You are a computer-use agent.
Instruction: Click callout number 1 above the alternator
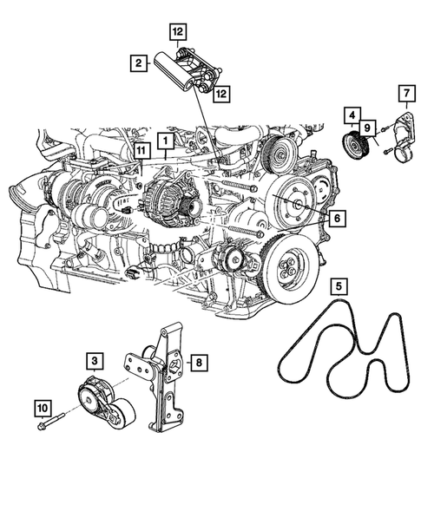[165, 139]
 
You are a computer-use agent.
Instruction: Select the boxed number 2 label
[138, 62]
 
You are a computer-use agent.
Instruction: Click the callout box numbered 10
[42, 405]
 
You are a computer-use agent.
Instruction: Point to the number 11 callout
[139, 154]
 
